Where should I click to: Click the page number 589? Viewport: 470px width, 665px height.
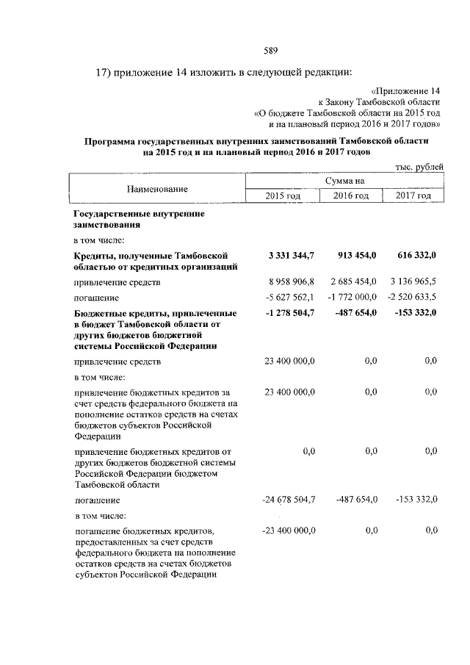[x=270, y=51]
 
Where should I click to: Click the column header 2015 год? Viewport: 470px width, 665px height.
[x=283, y=195]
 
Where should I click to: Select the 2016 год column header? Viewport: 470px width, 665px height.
[x=351, y=195]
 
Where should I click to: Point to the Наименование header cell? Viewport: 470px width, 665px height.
[x=157, y=189]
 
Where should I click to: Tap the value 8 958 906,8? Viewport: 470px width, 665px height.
[x=289, y=282]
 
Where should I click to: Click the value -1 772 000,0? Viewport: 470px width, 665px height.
[x=351, y=297]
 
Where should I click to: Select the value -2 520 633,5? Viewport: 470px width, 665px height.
[x=411, y=297]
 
